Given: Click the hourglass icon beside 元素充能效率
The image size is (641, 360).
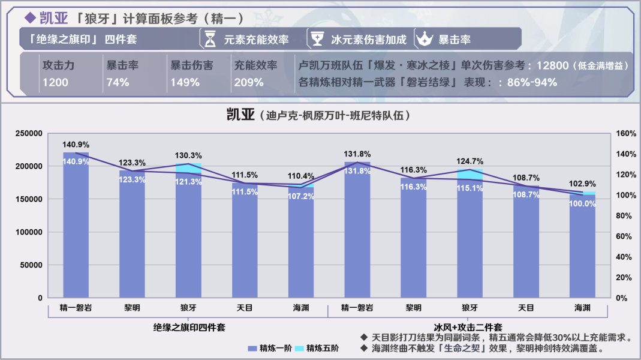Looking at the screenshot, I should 210,40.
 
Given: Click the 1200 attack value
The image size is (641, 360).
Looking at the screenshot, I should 55,82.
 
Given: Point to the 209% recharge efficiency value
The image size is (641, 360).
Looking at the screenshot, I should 249,82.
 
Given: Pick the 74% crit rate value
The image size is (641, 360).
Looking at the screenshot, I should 118,82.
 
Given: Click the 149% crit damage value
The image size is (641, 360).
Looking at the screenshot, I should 185,82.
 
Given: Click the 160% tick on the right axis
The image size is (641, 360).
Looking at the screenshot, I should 626,133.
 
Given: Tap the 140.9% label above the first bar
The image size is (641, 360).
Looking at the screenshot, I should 76,145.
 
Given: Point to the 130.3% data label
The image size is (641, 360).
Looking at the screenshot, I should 188,155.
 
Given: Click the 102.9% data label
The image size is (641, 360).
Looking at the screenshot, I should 582,184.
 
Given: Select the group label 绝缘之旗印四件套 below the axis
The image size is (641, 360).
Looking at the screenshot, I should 189,327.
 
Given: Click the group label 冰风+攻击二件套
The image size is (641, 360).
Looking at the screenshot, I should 468,327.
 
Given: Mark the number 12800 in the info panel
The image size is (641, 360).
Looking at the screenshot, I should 553,65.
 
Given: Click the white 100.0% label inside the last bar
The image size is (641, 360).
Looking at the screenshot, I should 582,204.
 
